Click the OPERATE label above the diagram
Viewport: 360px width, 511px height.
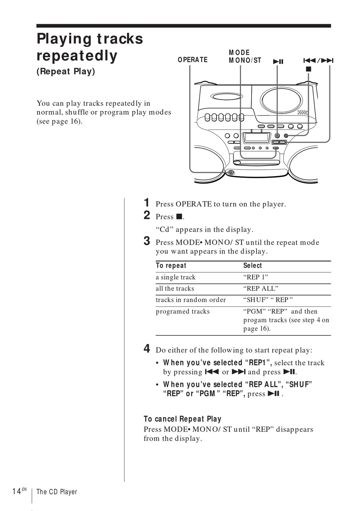coord(193,60)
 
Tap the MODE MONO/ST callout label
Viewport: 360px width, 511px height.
coord(245,56)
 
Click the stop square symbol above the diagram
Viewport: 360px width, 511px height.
coord(308,69)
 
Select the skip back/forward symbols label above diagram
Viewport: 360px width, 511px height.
coord(318,61)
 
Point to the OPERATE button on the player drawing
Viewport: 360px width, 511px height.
coord(231,173)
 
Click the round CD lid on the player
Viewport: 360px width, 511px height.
coord(282,100)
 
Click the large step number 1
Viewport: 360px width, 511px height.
coord(147,203)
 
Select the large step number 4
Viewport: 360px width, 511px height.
coord(147,349)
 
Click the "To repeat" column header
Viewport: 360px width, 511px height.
coord(171,266)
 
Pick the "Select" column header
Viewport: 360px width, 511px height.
coord(252,266)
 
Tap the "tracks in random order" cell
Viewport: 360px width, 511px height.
coord(191,300)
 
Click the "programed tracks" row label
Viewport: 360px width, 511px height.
coord(183,311)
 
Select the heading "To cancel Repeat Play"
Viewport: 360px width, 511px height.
coord(182,419)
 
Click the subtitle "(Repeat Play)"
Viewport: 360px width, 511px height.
coord(66,71)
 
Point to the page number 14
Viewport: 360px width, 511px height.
coord(16,492)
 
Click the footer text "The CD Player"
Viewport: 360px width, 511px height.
coord(56,492)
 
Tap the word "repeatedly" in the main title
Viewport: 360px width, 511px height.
coord(77,56)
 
